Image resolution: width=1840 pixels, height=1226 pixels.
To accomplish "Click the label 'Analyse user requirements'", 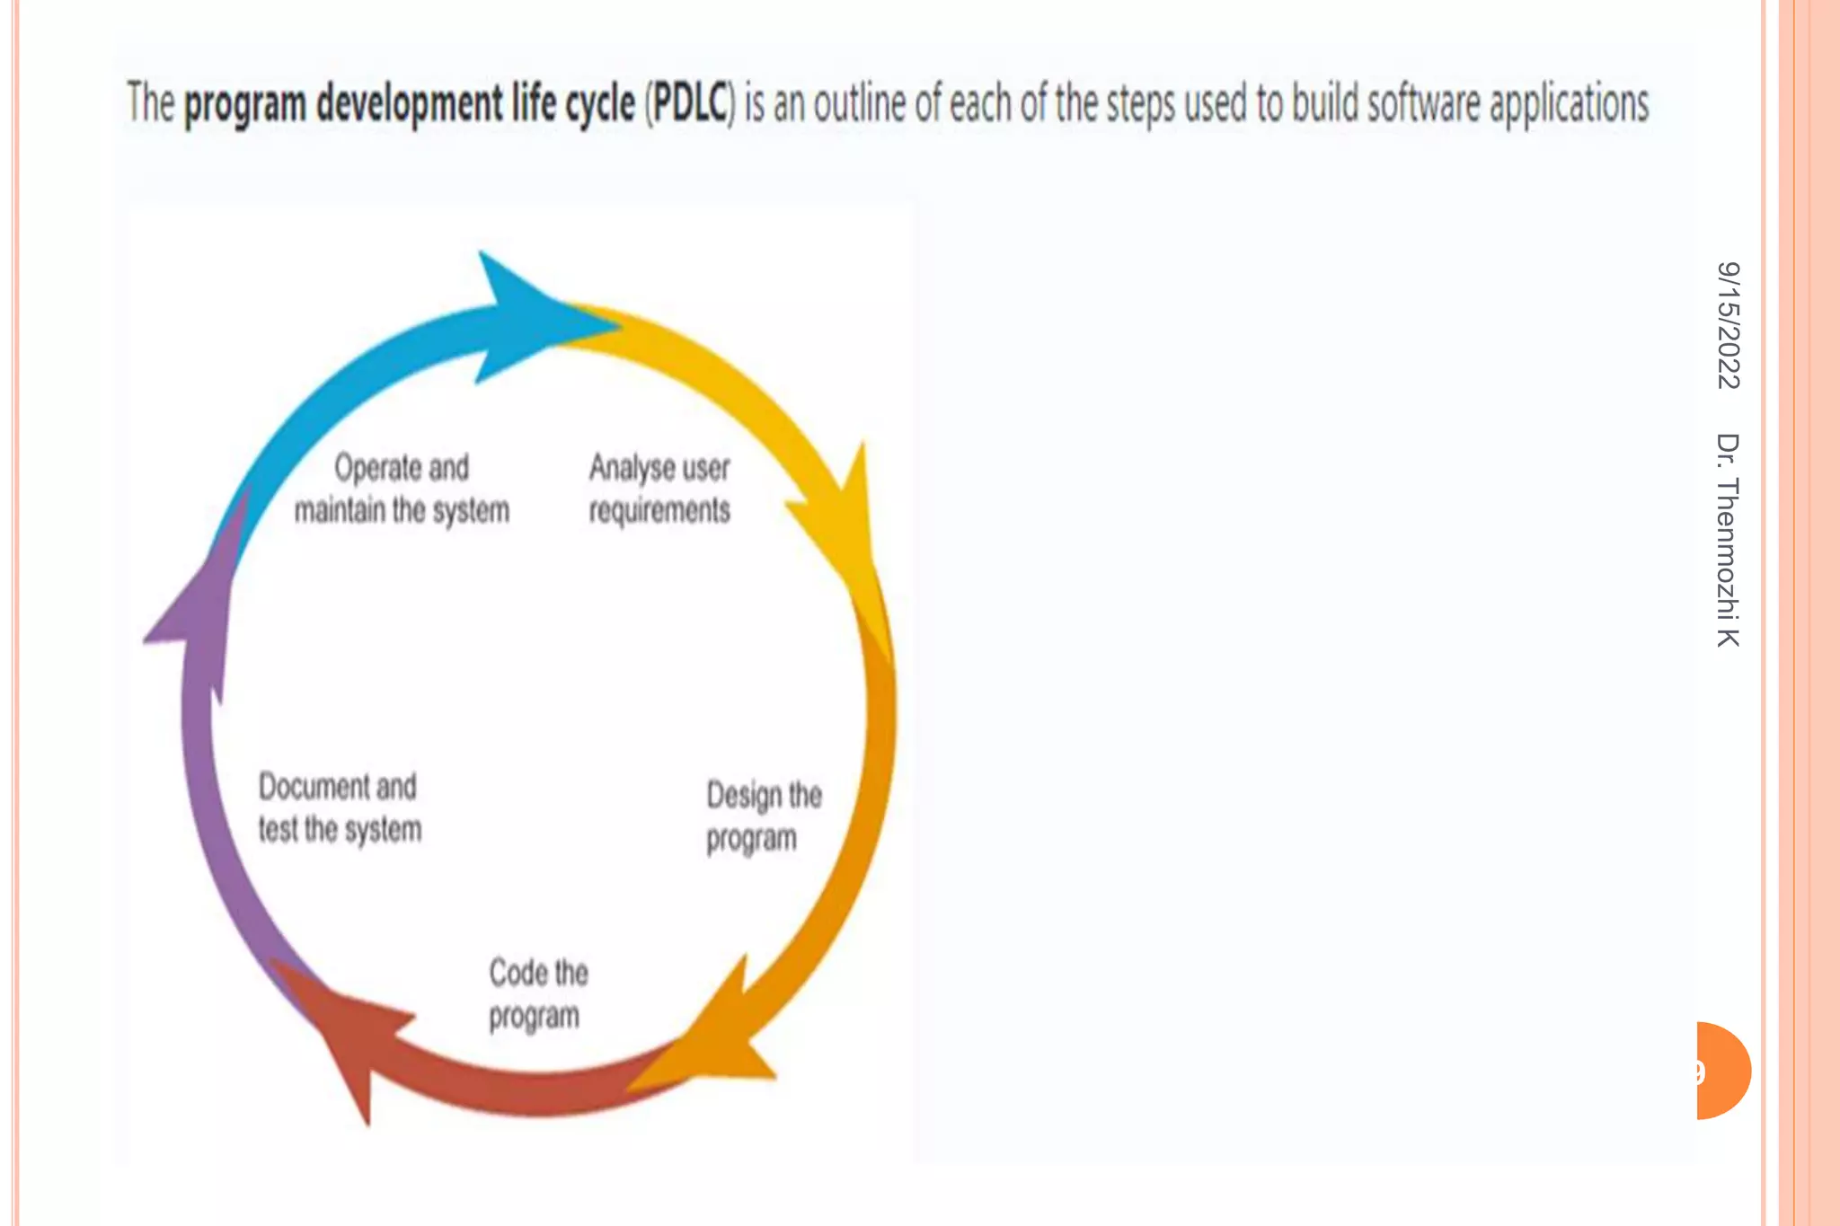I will click(659, 489).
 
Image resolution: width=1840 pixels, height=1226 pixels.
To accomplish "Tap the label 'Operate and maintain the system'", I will click(402, 489).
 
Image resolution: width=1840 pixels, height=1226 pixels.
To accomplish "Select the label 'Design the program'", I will click(763, 816).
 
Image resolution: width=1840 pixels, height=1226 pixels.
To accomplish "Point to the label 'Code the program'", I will click(537, 994).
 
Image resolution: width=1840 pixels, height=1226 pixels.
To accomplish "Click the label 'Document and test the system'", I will click(339, 807).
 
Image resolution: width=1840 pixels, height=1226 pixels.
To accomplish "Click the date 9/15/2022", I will click(1728, 325).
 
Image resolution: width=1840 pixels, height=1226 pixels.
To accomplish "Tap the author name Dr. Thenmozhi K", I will click(1728, 539).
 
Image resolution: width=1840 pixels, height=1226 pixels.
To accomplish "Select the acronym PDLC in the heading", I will click(689, 103).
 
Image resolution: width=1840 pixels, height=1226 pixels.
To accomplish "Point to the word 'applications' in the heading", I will click(1569, 103).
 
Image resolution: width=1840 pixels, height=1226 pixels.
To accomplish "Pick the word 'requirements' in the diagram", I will click(659, 511).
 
